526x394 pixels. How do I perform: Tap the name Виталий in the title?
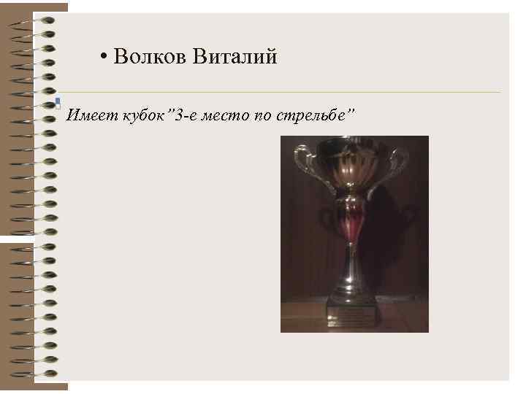pyautogui.click(x=235, y=57)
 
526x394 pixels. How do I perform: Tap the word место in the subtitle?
pyautogui.click(x=228, y=115)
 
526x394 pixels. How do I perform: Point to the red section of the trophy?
pyautogui.click(x=351, y=223)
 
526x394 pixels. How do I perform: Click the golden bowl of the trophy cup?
pyautogui.click(x=351, y=164)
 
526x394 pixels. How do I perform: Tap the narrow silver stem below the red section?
pyautogui.click(x=351, y=263)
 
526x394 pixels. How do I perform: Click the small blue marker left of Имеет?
pyautogui.click(x=57, y=103)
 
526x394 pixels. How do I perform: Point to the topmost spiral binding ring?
pyautogui.click(x=37, y=20)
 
